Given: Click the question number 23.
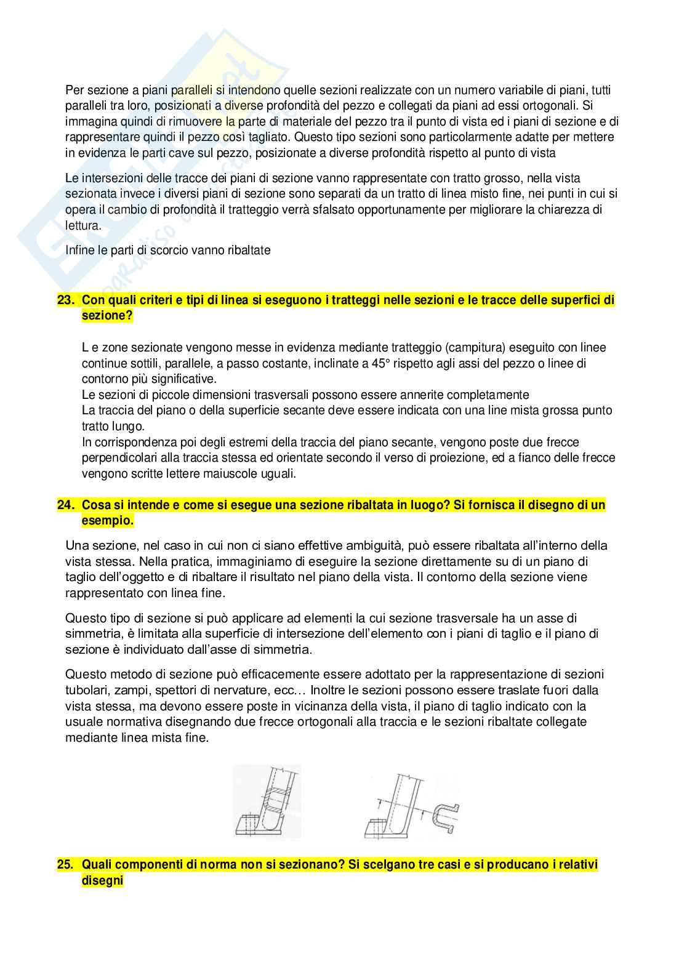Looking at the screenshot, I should pyautogui.click(x=65, y=300).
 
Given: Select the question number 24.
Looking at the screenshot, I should pyautogui.click(x=65, y=505).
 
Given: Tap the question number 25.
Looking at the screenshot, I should pyautogui.click(x=65, y=865).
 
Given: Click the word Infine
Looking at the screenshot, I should pyautogui.click(x=81, y=251).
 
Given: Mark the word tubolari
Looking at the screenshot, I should pyautogui.click(x=87, y=690).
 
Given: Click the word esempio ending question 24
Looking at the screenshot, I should pyautogui.click(x=107, y=521).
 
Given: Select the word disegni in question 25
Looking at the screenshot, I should pyautogui.click(x=103, y=881).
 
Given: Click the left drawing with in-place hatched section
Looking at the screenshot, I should pyautogui.click(x=267, y=801).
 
